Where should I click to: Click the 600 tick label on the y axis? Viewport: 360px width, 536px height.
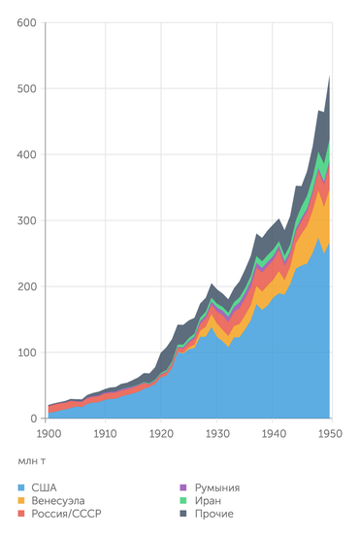[26, 22]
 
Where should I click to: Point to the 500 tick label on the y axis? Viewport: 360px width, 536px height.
[26, 88]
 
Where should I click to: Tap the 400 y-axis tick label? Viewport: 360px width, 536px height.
[26, 154]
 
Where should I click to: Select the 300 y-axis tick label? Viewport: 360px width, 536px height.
[26, 220]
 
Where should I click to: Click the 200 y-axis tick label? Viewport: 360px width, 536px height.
[26, 286]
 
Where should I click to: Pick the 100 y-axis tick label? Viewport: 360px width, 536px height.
[26, 352]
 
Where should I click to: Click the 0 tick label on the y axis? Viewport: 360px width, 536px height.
[33, 419]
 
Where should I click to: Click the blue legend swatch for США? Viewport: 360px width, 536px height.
[21, 487]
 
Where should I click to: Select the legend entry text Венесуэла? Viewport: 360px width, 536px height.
[64, 500]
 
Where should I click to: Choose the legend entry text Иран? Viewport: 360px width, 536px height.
[209, 500]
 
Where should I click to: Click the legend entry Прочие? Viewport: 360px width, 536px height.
[214, 513]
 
